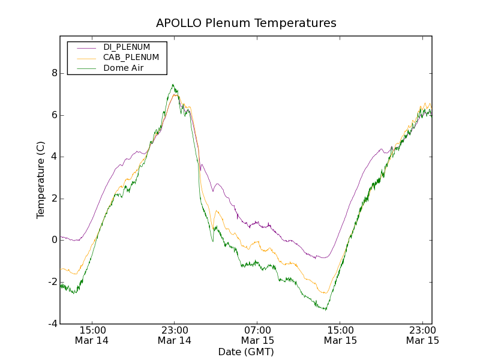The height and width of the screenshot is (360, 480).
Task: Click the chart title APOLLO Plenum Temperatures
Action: click(246, 23)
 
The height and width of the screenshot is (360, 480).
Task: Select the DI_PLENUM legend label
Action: click(127, 47)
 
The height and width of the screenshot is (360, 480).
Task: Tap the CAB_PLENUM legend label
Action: click(131, 58)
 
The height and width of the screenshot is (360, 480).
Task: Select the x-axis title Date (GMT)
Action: click(246, 352)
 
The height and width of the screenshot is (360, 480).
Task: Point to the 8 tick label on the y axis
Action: click(54, 73)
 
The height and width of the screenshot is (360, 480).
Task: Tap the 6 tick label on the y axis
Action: click(54, 115)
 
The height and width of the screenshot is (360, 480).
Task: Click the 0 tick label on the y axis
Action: click(54, 240)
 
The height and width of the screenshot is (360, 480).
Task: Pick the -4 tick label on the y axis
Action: click(52, 324)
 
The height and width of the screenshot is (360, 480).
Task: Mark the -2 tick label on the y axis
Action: click(52, 282)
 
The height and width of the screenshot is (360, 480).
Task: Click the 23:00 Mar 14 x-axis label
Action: click(175, 335)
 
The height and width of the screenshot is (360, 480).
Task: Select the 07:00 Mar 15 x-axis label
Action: click(257, 335)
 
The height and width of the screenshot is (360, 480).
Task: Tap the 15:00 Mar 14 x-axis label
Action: click(92, 335)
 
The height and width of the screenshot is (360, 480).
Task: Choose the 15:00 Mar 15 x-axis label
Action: click(340, 335)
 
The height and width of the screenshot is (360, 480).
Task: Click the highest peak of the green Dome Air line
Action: click(173, 85)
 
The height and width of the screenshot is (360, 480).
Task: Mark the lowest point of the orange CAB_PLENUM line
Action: click(325, 293)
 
